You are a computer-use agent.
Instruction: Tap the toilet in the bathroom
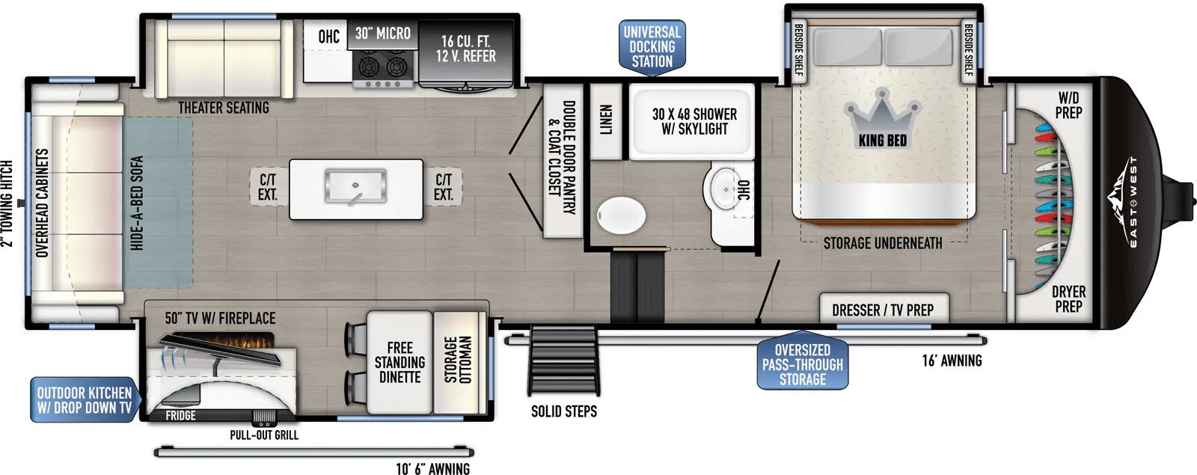pyautogui.click(x=621, y=215)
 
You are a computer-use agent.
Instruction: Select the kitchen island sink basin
pyautogui.click(x=355, y=186)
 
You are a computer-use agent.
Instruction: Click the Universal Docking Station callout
pyautogui.click(x=652, y=47)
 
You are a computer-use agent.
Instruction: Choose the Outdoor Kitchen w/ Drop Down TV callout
pyautogui.click(x=85, y=400)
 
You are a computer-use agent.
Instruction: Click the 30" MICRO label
pyautogui.click(x=382, y=33)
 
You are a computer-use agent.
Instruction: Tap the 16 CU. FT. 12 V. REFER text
pyautogui.click(x=465, y=49)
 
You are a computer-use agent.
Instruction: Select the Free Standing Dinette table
pyautogui.click(x=399, y=362)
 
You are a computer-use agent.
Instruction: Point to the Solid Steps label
pyautogui.click(x=564, y=411)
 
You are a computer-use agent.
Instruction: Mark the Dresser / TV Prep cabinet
pyautogui.click(x=884, y=308)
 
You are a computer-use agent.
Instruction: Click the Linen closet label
pyautogui.click(x=605, y=120)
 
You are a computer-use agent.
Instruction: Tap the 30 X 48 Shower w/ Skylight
pyautogui.click(x=692, y=122)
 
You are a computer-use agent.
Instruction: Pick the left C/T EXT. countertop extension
pyautogui.click(x=269, y=187)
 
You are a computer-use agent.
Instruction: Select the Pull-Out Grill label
pyautogui.click(x=264, y=435)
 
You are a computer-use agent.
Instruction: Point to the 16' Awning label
pyautogui.click(x=952, y=361)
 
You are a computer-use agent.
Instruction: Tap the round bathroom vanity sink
pyautogui.click(x=726, y=189)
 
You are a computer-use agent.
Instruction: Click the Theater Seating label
pyautogui.click(x=224, y=108)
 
